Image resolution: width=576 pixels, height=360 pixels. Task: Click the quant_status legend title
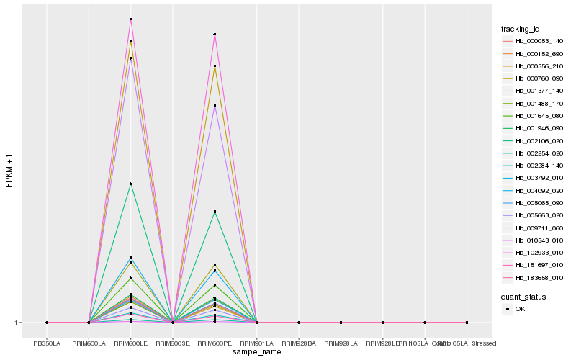[x=523, y=297]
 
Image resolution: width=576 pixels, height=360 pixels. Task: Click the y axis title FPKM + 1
[x=9, y=170]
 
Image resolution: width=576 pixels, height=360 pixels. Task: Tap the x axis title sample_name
[x=257, y=351]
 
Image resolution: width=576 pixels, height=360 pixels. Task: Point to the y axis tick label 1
[x=17, y=323]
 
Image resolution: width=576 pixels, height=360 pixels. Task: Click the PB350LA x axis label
[x=47, y=343]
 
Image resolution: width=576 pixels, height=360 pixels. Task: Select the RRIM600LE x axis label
[x=130, y=343]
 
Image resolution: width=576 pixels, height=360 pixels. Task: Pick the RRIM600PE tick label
[x=215, y=343]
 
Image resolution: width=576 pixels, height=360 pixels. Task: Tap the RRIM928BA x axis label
[x=299, y=343]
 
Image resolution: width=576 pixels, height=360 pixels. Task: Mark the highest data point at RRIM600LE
[x=130, y=19]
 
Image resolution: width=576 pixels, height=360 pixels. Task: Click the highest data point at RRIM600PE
[x=215, y=35]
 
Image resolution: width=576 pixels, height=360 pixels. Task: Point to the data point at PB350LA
[x=47, y=323]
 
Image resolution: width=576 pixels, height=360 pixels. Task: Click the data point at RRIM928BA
[x=299, y=323]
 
